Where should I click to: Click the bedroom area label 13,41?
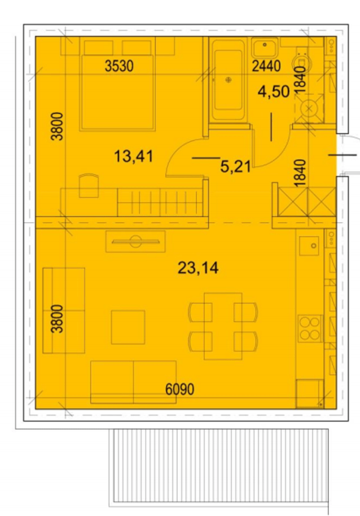(134, 156)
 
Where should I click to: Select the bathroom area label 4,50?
(274, 91)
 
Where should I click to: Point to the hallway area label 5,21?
(235, 167)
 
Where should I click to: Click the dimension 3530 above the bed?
(119, 66)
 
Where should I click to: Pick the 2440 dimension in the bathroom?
(266, 66)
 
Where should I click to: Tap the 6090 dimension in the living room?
(180, 389)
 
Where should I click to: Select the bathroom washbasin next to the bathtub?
(265, 48)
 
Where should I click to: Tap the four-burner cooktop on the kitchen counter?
(310, 328)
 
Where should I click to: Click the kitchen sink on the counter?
(309, 245)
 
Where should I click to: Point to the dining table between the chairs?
(223, 326)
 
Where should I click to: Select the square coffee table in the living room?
(128, 327)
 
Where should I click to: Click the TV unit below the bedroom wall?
(135, 241)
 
